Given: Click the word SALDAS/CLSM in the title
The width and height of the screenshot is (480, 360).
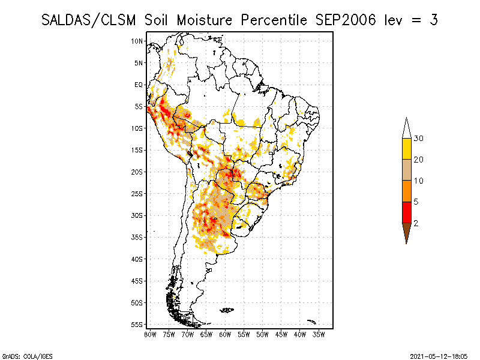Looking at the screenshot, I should tap(91, 20).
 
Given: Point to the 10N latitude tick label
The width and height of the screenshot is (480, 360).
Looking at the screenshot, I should tap(137, 41).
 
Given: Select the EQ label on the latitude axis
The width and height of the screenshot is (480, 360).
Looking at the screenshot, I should tap(139, 85).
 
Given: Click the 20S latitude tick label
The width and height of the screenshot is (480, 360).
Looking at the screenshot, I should tap(137, 172).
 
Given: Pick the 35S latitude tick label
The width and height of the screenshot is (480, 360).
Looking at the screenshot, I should tap(137, 237).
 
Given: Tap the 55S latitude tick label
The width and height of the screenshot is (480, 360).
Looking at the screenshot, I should tap(137, 324).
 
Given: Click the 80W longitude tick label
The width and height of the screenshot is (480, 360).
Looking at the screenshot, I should tap(150, 334).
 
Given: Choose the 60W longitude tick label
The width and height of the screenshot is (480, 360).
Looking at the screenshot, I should tap(225, 334).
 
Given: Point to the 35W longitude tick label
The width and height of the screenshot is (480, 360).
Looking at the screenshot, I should tap(319, 334).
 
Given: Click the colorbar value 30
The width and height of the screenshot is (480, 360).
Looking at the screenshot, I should tap(419, 139).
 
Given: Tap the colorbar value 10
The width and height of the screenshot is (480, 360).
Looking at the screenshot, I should tap(419, 181).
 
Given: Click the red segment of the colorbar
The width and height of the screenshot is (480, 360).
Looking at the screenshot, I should tap(406, 212).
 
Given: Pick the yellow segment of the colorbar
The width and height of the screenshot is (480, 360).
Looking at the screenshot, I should tap(406, 149).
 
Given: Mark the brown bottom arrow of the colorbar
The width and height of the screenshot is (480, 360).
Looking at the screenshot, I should tap(406, 232).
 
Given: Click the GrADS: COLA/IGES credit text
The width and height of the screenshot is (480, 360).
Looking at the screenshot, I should tap(22, 355).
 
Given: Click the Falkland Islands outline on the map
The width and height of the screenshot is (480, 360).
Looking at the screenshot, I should tap(227, 310).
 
